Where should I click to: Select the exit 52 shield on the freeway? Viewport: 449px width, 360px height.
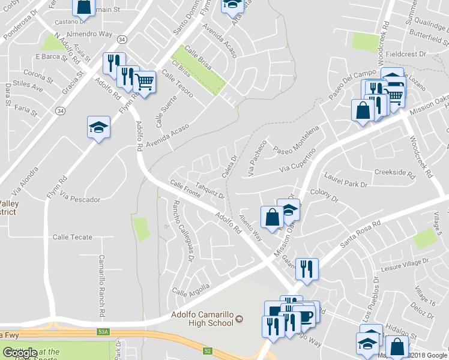[x=208, y=351]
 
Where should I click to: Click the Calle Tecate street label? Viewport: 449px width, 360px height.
[x=73, y=237]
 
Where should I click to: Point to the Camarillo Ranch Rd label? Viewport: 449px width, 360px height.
[x=102, y=286]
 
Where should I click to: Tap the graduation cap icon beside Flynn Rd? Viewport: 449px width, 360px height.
[x=99, y=127]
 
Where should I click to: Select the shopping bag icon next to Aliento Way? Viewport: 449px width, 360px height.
[x=272, y=217]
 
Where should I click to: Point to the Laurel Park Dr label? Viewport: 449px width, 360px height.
[x=345, y=180]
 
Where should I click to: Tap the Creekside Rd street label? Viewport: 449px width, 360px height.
[x=394, y=173]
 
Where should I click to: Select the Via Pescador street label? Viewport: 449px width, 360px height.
[x=80, y=199]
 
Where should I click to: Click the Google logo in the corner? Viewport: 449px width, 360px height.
[x=20, y=353]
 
